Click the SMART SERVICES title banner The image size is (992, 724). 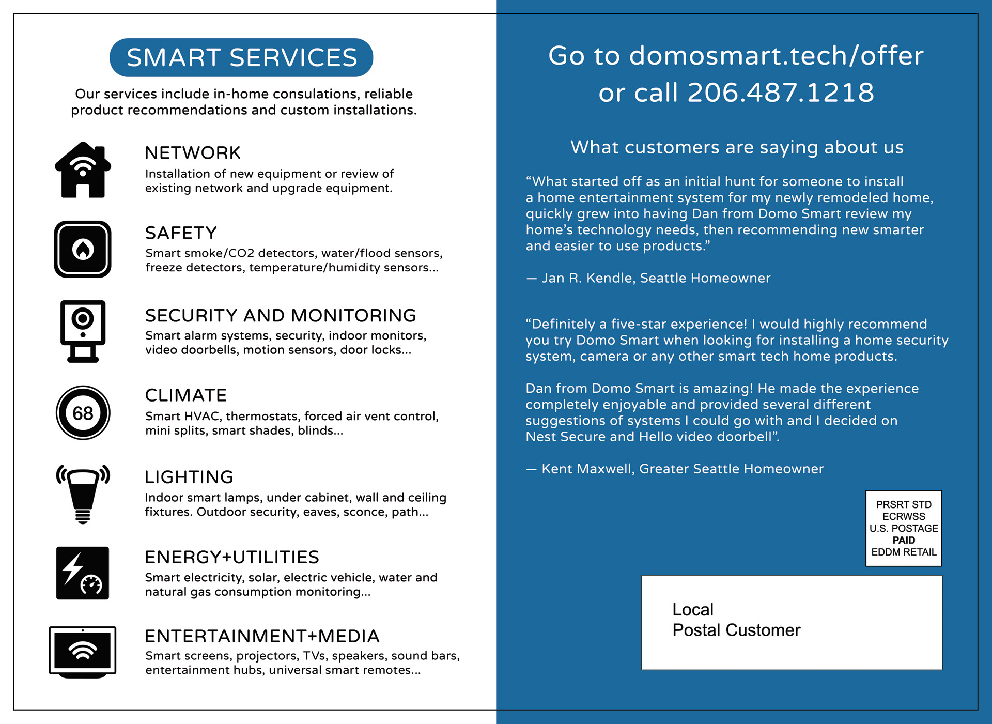point(241,57)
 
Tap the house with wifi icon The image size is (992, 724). point(83,170)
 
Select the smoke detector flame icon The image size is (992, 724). point(83,249)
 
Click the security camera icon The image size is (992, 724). point(83,331)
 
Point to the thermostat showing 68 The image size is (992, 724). point(83,413)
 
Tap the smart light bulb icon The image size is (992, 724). point(83,494)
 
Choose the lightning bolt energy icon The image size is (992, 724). point(83,573)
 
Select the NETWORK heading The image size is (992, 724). point(193,153)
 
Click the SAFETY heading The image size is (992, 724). point(181,233)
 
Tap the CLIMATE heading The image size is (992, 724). point(186,395)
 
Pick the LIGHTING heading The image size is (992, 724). point(189,477)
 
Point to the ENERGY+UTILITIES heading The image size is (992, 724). point(232,557)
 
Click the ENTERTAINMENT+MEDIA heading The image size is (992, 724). point(262,636)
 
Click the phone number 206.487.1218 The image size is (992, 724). point(781,93)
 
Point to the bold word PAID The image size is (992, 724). point(904,540)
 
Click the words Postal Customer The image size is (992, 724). point(736,630)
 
